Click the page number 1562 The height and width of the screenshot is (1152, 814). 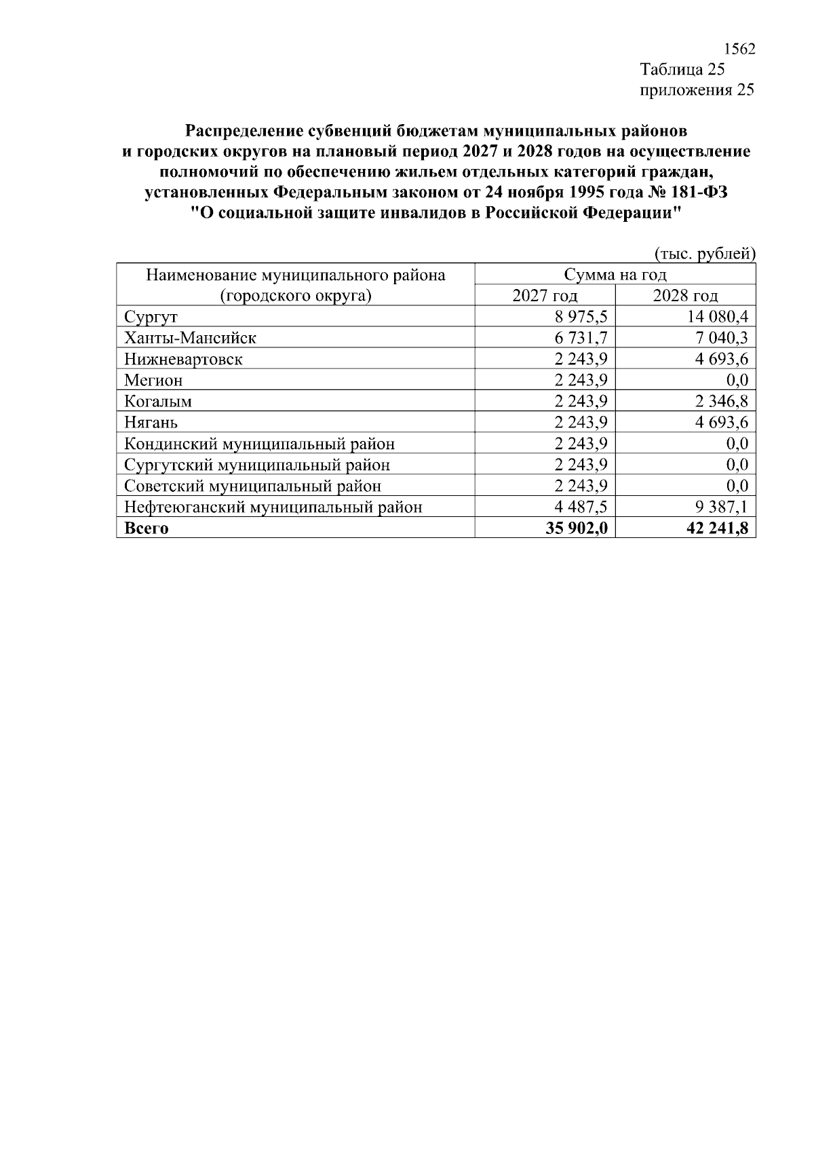tap(739, 50)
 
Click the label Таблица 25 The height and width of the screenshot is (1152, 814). tap(682, 70)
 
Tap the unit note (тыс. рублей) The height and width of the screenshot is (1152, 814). tap(705, 254)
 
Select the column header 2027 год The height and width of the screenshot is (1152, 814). tap(545, 296)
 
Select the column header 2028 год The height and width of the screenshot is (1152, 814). tap(685, 296)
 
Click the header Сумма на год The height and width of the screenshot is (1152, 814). tap(615, 275)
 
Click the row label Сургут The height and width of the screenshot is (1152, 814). tap(151, 317)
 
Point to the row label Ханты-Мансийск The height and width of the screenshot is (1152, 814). tap(190, 338)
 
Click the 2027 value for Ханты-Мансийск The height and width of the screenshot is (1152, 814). tap(581, 338)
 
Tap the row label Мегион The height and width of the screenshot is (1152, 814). tap(153, 380)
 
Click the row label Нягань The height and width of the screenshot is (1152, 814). tap(151, 423)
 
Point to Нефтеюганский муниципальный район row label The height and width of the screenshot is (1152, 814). tap(273, 507)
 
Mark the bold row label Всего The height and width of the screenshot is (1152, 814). tap(146, 529)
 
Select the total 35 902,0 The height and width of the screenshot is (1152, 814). tap(576, 529)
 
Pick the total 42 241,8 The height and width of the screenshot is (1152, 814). tap(717, 529)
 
